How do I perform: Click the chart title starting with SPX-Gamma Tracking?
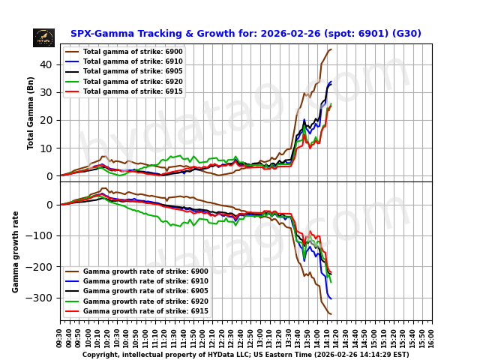click(x=245, y=34)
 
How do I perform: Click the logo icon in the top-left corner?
click(x=43, y=37)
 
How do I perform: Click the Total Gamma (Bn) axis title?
click(x=31, y=112)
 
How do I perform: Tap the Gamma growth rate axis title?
click(x=16, y=251)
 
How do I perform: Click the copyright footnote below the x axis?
click(x=245, y=355)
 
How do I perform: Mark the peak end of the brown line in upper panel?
click(x=331, y=49)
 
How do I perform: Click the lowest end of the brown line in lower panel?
click(x=331, y=313)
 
